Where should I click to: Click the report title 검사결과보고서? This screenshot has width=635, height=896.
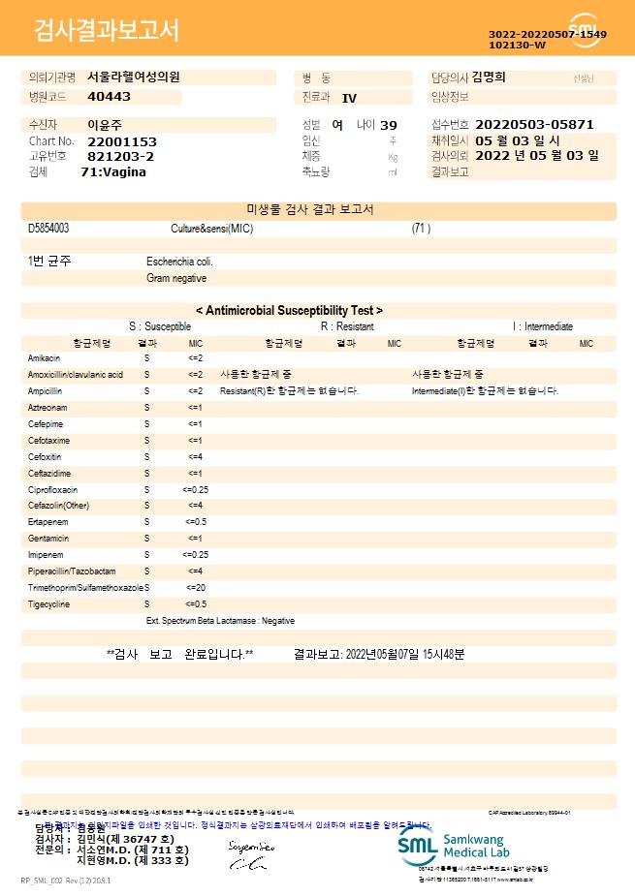pos(107,31)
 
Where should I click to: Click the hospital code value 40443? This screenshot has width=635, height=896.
pos(109,97)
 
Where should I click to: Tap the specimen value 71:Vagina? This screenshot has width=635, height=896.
pos(113,171)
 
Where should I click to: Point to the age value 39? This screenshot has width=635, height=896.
pos(389,125)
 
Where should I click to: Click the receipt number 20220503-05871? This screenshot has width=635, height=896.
pos(534,125)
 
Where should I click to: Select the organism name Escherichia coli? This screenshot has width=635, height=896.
pos(179,262)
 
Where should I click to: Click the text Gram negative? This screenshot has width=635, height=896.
pos(176,278)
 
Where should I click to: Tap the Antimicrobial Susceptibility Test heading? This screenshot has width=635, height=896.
pos(289,311)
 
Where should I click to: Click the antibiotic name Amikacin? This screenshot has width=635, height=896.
pos(45,358)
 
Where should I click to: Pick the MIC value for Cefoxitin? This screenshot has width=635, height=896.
pos(195,456)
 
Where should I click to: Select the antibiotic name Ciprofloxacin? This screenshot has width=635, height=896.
pos(52,489)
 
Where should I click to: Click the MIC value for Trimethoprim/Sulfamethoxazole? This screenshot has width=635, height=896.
pos(195,588)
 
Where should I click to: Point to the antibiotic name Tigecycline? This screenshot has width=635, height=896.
pos(48,604)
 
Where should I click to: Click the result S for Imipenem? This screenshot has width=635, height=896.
pos(146,555)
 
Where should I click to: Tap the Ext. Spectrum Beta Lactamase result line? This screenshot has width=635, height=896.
pos(220,621)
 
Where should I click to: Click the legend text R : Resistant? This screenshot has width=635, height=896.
pos(347,326)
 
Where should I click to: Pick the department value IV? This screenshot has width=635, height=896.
pos(350,98)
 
